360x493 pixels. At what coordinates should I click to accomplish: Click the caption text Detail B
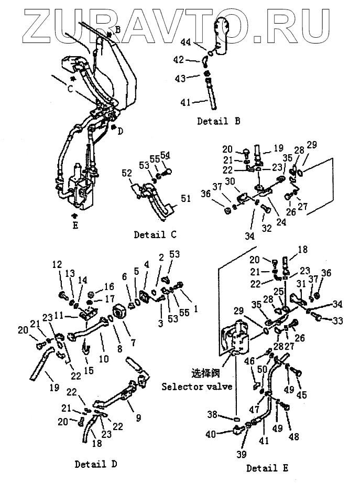tap(219, 121)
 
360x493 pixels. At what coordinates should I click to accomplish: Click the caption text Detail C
tap(156, 234)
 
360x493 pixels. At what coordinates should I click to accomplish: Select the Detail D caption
tap(96, 464)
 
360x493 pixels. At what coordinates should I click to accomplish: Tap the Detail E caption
tap(267, 468)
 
